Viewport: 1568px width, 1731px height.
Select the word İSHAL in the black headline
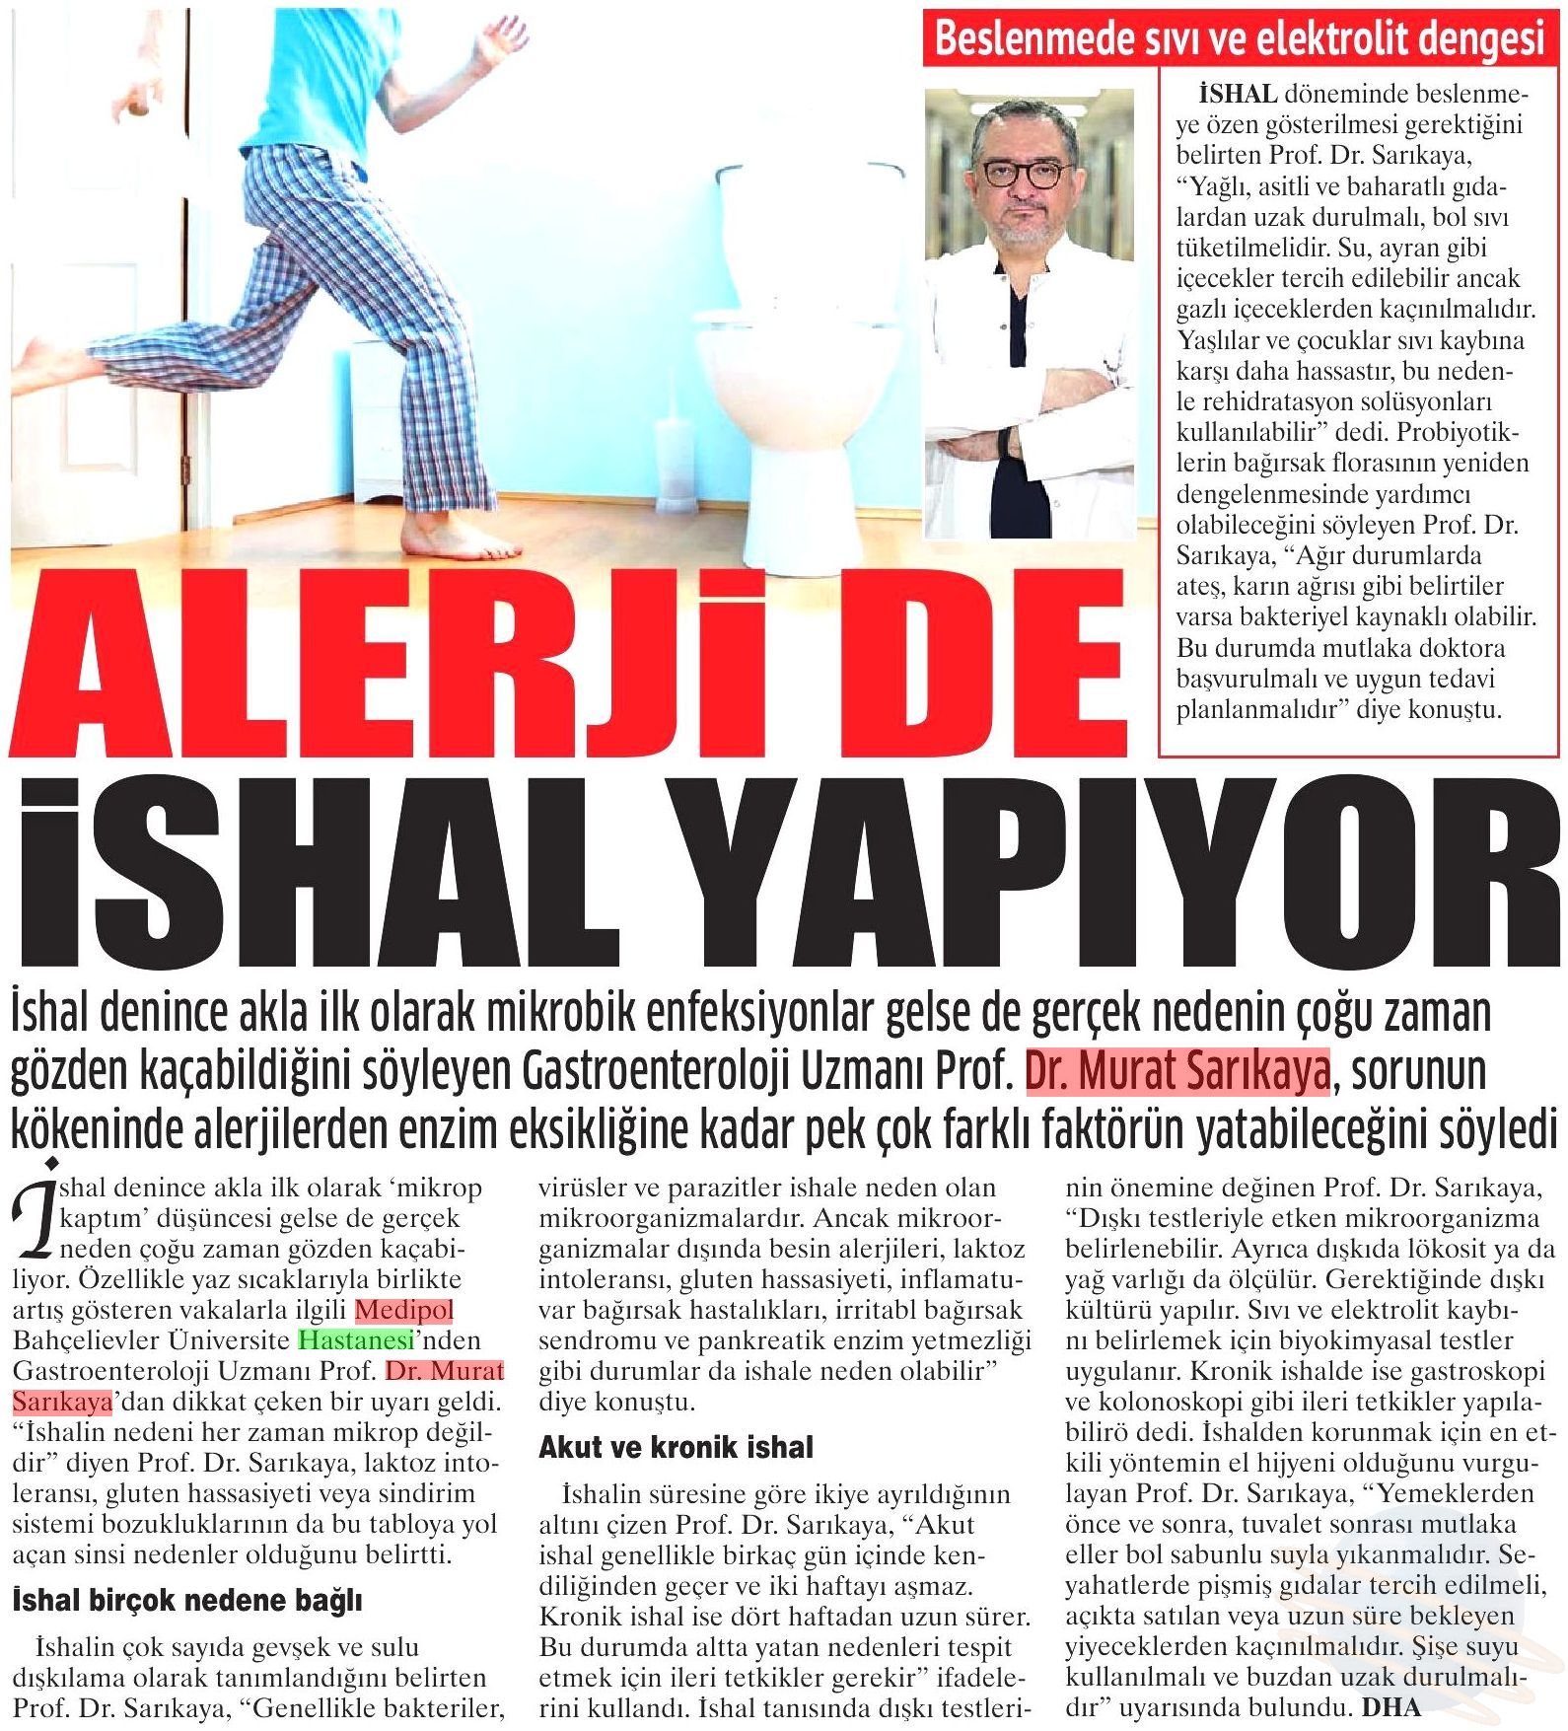pyautogui.click(x=316, y=868)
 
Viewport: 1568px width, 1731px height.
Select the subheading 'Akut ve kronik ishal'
pyautogui.click(x=676, y=1447)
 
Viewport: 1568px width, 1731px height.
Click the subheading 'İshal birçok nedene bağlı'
pyautogui.click(x=186, y=1600)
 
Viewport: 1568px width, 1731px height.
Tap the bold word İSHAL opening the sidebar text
pyautogui.click(x=1238, y=95)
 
